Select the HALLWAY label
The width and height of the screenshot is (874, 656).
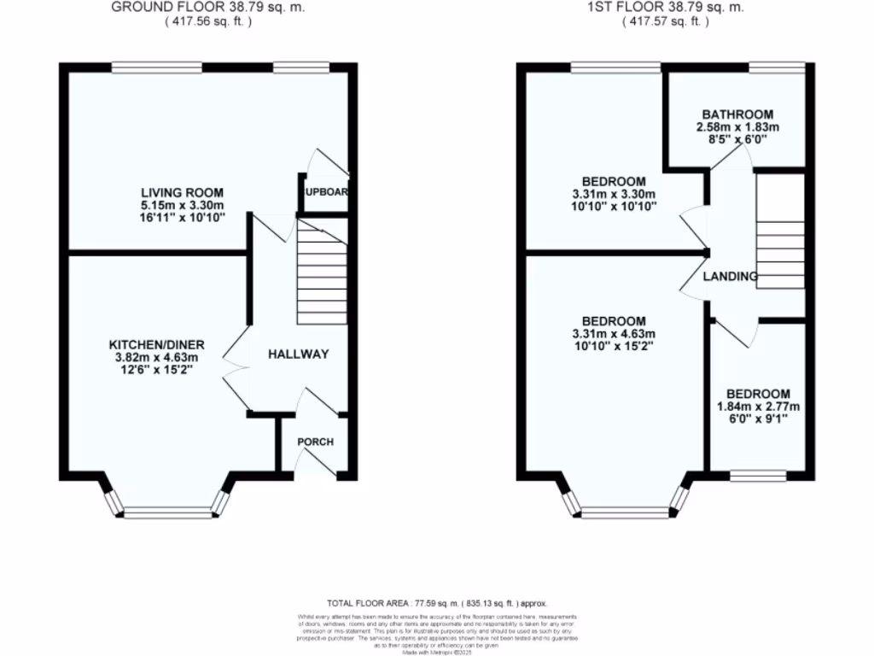coord(298,354)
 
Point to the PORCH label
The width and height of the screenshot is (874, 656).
coord(315,442)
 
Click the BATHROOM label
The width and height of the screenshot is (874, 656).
coord(737,114)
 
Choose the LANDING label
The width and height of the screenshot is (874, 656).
coord(730,277)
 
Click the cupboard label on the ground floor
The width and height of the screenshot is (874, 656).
coord(326,192)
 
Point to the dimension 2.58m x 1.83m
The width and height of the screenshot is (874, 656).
coord(737,126)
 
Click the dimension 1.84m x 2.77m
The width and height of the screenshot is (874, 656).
coord(759,407)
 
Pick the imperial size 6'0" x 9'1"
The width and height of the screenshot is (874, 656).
coord(759,419)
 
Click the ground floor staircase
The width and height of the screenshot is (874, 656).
coord(322,271)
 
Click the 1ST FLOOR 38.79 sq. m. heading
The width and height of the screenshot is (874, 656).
coord(665,7)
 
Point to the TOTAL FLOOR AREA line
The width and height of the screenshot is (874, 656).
coord(436,602)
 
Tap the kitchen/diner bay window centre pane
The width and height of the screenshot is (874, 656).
coord(167,513)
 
